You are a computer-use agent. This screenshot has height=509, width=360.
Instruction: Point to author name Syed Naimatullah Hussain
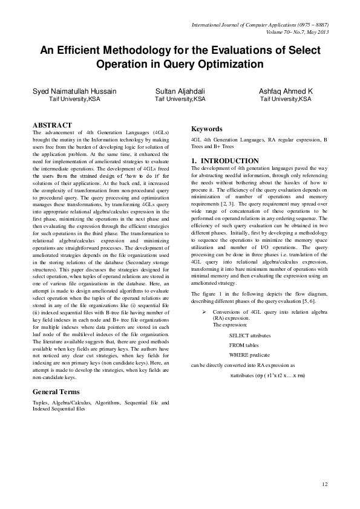(74, 90)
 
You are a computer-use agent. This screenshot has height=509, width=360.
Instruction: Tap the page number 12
(324, 484)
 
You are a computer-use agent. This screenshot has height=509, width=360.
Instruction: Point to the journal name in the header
(264, 25)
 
